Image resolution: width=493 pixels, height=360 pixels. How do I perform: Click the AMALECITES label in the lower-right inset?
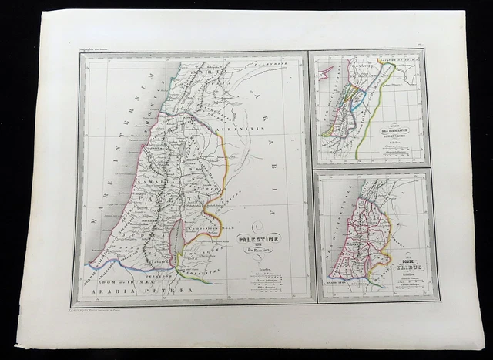344,283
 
